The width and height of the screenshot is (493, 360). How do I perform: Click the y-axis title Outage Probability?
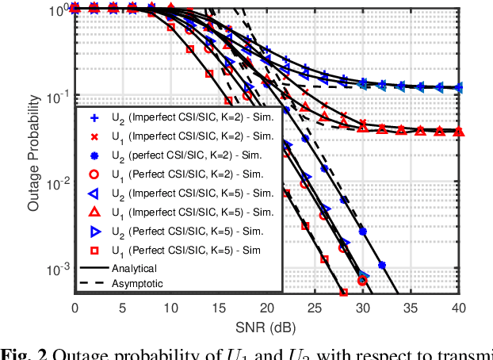[x=33, y=151]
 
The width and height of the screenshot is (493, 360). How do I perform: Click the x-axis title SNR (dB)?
[x=266, y=327]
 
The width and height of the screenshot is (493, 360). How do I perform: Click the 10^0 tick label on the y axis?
[x=57, y=11]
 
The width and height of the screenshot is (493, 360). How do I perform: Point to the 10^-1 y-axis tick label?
[x=57, y=98]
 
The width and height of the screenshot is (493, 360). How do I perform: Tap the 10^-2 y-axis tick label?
[x=57, y=184]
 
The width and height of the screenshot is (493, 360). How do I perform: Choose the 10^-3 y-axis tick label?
[x=57, y=270]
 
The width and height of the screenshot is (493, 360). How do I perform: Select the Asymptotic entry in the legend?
[x=136, y=282]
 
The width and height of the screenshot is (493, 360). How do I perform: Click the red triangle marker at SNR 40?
[x=458, y=131]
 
